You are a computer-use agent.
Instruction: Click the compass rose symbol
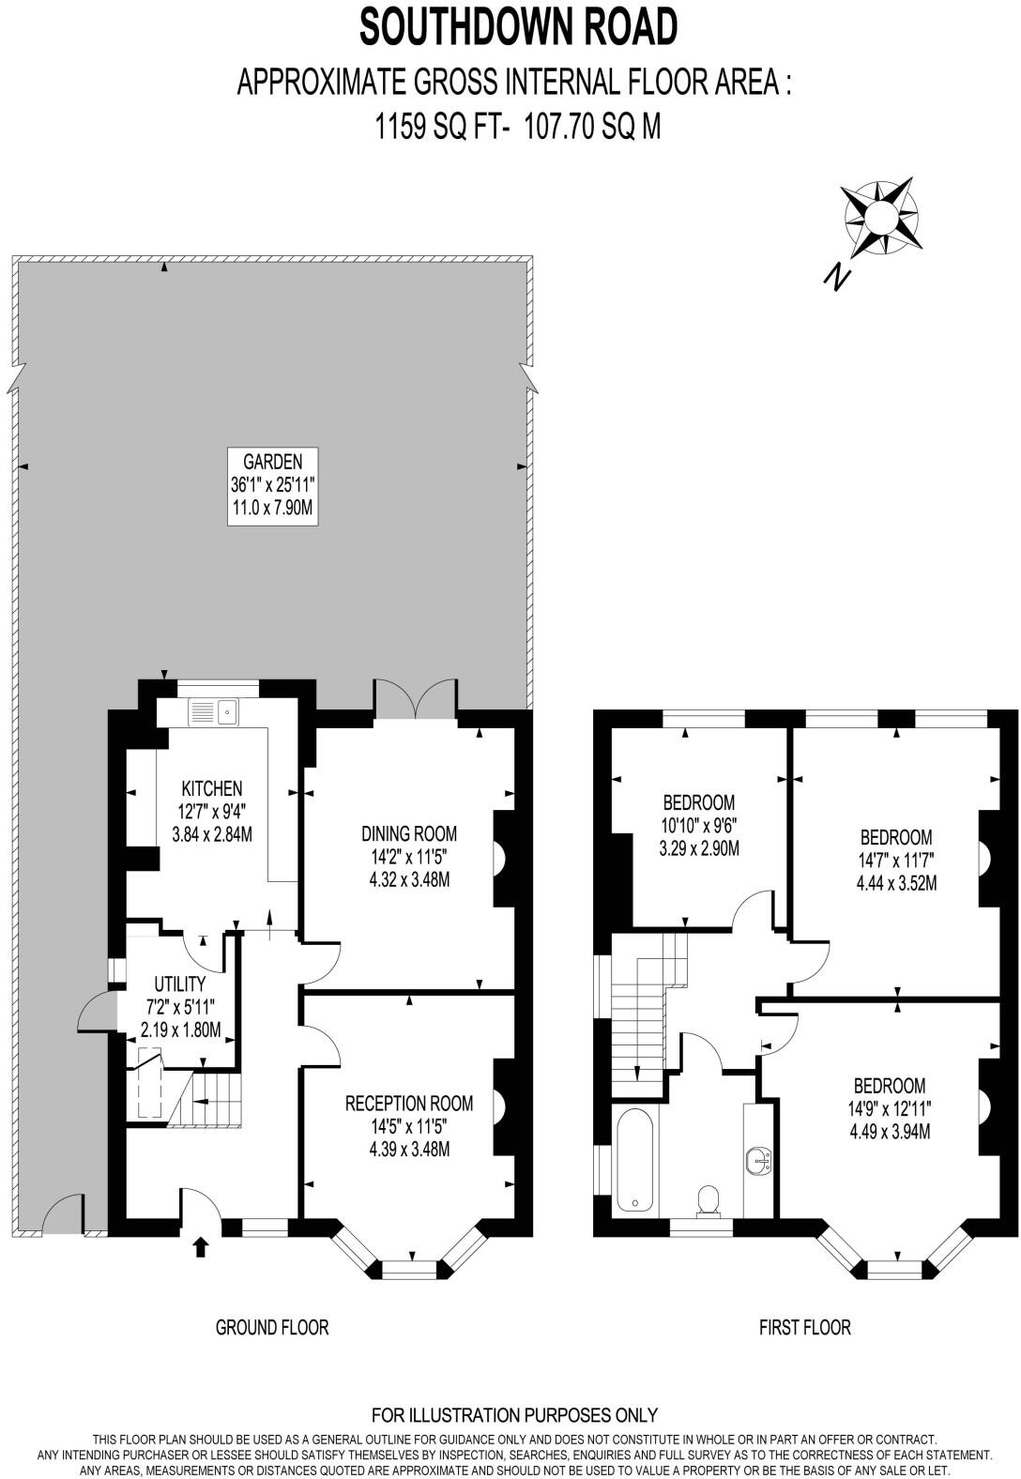pyautogui.click(x=880, y=218)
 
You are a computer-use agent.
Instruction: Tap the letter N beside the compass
pyautogui.click(x=835, y=276)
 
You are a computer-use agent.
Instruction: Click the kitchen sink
pyautogui.click(x=215, y=712)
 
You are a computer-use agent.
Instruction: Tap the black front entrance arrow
pyautogui.click(x=200, y=1246)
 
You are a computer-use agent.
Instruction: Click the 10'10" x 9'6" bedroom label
pyautogui.click(x=698, y=826)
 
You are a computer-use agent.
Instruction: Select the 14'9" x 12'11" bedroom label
pyautogui.click(x=890, y=1107)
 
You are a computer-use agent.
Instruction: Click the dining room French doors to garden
pyautogui.click(x=415, y=698)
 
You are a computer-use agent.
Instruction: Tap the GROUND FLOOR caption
pyautogui.click(x=272, y=1327)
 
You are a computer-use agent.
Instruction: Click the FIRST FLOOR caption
pyautogui.click(x=804, y=1327)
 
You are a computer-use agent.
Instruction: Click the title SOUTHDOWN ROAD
pyautogui.click(x=519, y=26)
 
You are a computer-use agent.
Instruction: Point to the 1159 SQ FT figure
pyautogui.click(x=437, y=125)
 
